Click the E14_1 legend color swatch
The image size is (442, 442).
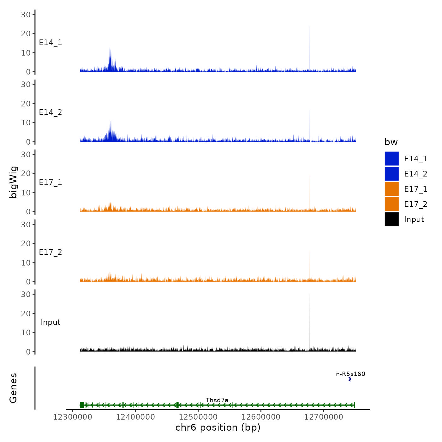click(x=391, y=158)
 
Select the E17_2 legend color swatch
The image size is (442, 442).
click(x=391, y=204)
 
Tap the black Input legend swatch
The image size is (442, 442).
click(x=391, y=219)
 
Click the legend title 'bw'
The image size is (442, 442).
click(x=391, y=142)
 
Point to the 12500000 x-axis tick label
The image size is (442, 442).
click(x=198, y=417)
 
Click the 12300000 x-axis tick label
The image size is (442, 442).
click(x=73, y=417)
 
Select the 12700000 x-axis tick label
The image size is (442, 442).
click(x=324, y=417)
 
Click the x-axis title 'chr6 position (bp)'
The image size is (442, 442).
click(x=218, y=427)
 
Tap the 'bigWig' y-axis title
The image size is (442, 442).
click(x=13, y=182)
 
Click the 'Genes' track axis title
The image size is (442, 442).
click(x=13, y=388)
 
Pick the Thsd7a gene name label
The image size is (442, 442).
click(x=217, y=400)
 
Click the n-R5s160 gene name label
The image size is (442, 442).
click(x=350, y=374)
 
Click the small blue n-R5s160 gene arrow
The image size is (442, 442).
click(x=349, y=379)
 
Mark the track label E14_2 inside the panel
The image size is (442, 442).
click(x=51, y=112)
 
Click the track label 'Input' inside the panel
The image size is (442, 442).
click(x=51, y=322)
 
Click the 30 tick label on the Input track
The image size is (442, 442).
click(x=26, y=294)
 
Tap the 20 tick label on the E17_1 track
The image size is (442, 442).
click(x=26, y=173)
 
